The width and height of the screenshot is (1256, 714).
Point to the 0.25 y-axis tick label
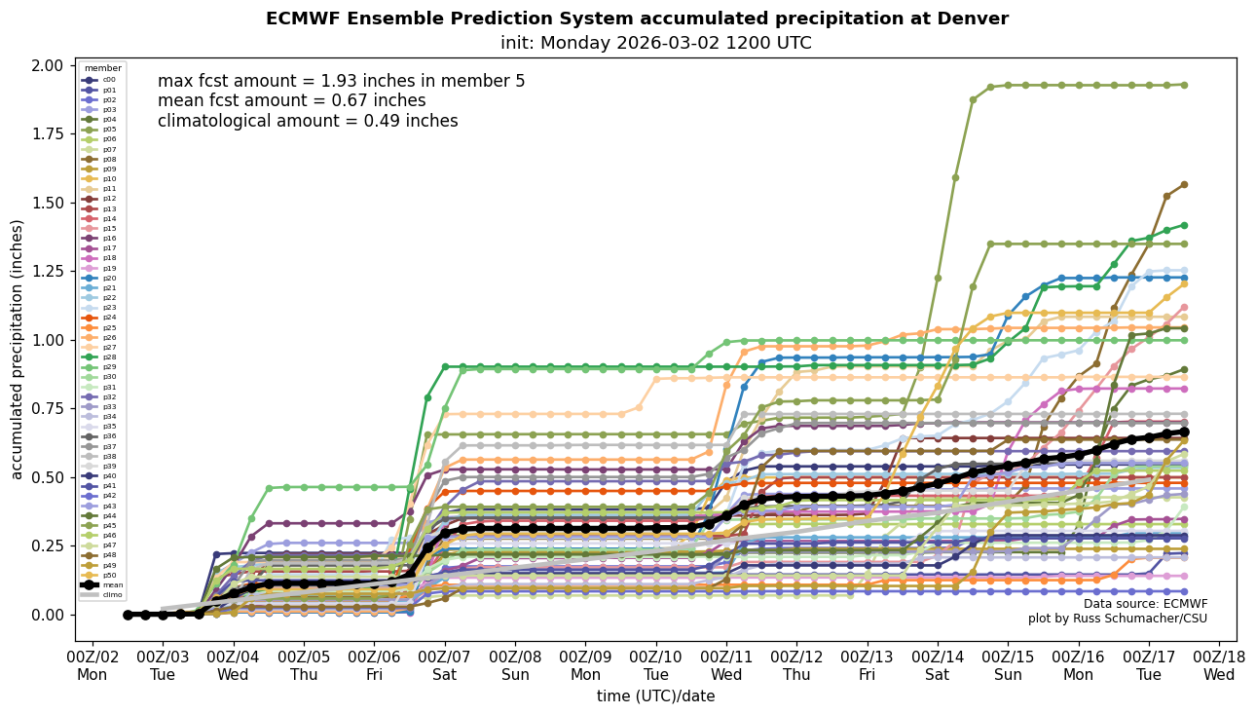pos(48,546)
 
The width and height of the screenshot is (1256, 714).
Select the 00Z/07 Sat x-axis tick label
pos(445,665)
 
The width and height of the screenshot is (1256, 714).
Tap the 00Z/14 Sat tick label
pos(938,665)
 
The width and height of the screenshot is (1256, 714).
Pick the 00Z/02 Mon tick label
pos(92,665)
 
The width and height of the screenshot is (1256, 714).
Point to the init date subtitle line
pos(655,43)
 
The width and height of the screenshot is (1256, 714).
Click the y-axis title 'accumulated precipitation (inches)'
pos(18,349)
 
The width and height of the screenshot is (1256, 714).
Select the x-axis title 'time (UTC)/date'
pos(655,696)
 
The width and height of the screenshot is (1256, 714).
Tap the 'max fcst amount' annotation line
pos(341,81)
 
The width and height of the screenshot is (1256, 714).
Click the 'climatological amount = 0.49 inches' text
pos(308,121)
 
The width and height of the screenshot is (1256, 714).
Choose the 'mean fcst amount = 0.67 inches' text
pos(291,100)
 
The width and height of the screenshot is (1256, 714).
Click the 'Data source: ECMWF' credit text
pos(1145,604)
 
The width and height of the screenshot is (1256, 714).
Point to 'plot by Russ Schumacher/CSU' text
pos(1117,619)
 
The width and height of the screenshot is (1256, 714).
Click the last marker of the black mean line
pos(1184,432)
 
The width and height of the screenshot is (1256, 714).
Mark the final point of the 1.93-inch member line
pos(1184,85)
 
